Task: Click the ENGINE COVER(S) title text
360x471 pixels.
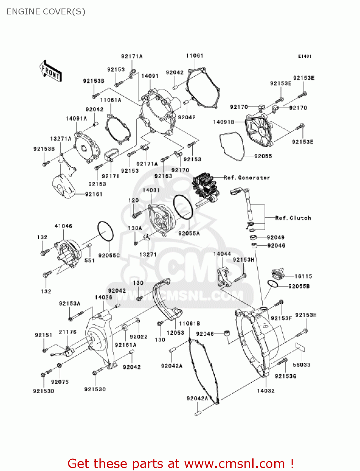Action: pos(46,12)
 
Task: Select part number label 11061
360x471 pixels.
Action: pos(195,56)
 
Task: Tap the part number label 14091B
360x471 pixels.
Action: pos(224,122)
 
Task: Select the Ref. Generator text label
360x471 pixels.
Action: pos(247,177)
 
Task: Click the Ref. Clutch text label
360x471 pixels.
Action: pos(293,218)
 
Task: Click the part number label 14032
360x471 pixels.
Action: pos(266,391)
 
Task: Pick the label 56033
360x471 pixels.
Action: pos(301,365)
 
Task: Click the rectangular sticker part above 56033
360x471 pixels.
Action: pos(300,347)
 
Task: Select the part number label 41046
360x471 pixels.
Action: pos(63,226)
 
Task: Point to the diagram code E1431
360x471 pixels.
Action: pos(304,56)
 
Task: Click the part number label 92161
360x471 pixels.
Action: pos(94,194)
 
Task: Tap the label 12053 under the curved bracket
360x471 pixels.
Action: pos(175,333)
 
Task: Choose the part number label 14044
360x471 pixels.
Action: pos(222,253)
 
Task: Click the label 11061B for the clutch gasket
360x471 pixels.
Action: pos(190,323)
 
